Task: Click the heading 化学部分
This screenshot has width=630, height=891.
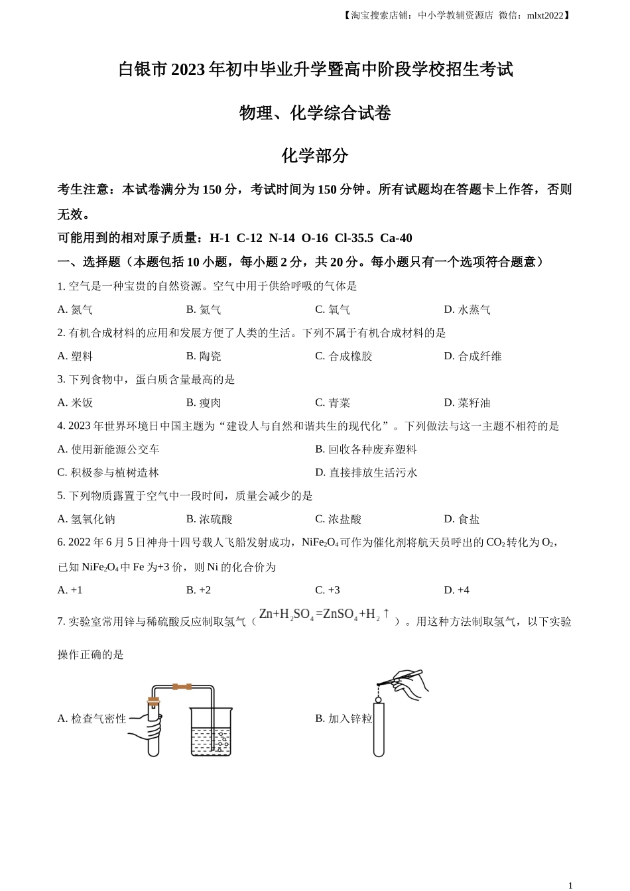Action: click(x=314, y=156)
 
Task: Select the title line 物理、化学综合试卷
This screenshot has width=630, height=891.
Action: click(x=314, y=113)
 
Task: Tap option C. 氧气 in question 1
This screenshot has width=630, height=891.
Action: click(x=332, y=310)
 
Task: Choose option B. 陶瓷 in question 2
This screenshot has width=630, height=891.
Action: click(x=204, y=356)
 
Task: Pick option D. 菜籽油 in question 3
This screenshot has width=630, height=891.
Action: click(x=467, y=402)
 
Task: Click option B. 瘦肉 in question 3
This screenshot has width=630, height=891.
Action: click(x=204, y=402)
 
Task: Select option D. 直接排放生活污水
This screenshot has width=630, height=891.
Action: click(x=366, y=473)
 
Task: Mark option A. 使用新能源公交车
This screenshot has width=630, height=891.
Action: click(x=108, y=449)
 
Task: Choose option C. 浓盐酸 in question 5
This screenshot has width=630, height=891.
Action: click(x=338, y=519)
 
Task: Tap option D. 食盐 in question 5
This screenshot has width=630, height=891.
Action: click(x=462, y=519)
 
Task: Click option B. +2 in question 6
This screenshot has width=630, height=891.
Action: click(x=198, y=590)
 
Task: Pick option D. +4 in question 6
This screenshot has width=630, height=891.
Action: click(x=456, y=590)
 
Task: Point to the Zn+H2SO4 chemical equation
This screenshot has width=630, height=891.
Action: click(x=324, y=615)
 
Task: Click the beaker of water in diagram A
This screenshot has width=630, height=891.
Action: click(x=211, y=733)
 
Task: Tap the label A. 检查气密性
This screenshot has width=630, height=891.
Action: click(x=92, y=719)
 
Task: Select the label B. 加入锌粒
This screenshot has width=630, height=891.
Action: click(x=344, y=719)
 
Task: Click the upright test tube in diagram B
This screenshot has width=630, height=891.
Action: click(x=379, y=729)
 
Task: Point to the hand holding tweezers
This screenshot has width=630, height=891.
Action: click(x=407, y=683)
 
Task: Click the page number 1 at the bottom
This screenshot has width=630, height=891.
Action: click(x=570, y=885)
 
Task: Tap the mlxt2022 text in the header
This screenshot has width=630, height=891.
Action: click(x=544, y=15)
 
